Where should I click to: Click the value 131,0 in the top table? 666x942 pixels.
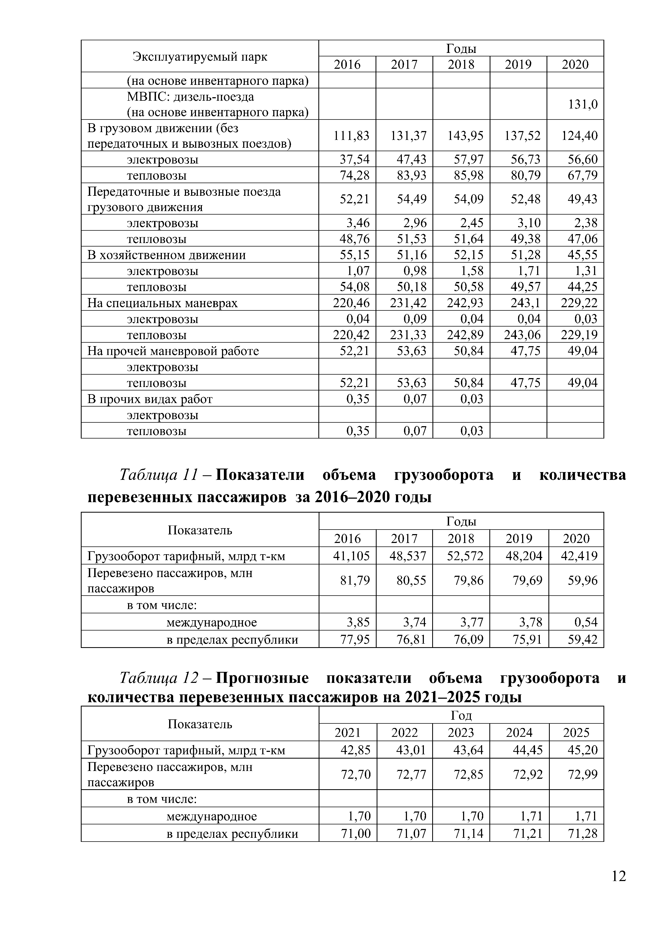(x=582, y=104)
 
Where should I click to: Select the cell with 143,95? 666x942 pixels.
(x=465, y=135)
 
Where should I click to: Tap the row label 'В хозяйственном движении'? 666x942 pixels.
(x=166, y=255)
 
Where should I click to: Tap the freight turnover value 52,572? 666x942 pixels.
(x=465, y=556)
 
